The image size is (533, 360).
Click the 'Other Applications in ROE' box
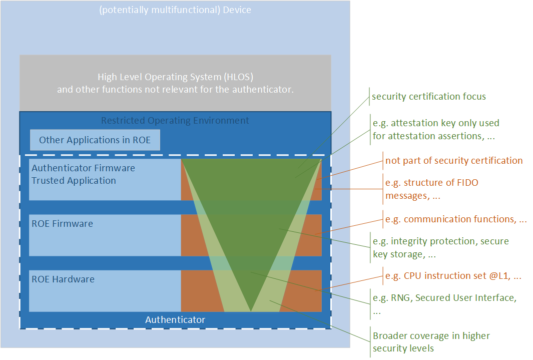95,140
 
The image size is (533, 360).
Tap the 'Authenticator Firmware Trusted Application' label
83,174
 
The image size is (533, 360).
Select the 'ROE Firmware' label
62,224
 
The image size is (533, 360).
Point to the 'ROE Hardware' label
63,279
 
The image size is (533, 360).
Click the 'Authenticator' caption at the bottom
175,319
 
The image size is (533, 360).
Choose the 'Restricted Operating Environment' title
175,121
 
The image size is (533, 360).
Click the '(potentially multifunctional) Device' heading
175,10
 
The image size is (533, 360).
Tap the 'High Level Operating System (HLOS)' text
175,77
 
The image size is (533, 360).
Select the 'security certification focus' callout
428,97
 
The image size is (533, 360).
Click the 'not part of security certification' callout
454,161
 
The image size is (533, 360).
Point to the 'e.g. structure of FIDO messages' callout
431,189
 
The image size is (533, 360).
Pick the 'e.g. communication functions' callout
455,219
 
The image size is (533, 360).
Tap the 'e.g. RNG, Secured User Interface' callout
444,303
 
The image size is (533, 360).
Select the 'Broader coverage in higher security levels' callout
431,341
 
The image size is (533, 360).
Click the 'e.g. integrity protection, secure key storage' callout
440,248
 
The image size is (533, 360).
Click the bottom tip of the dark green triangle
251,310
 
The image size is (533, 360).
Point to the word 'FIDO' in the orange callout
465,183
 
